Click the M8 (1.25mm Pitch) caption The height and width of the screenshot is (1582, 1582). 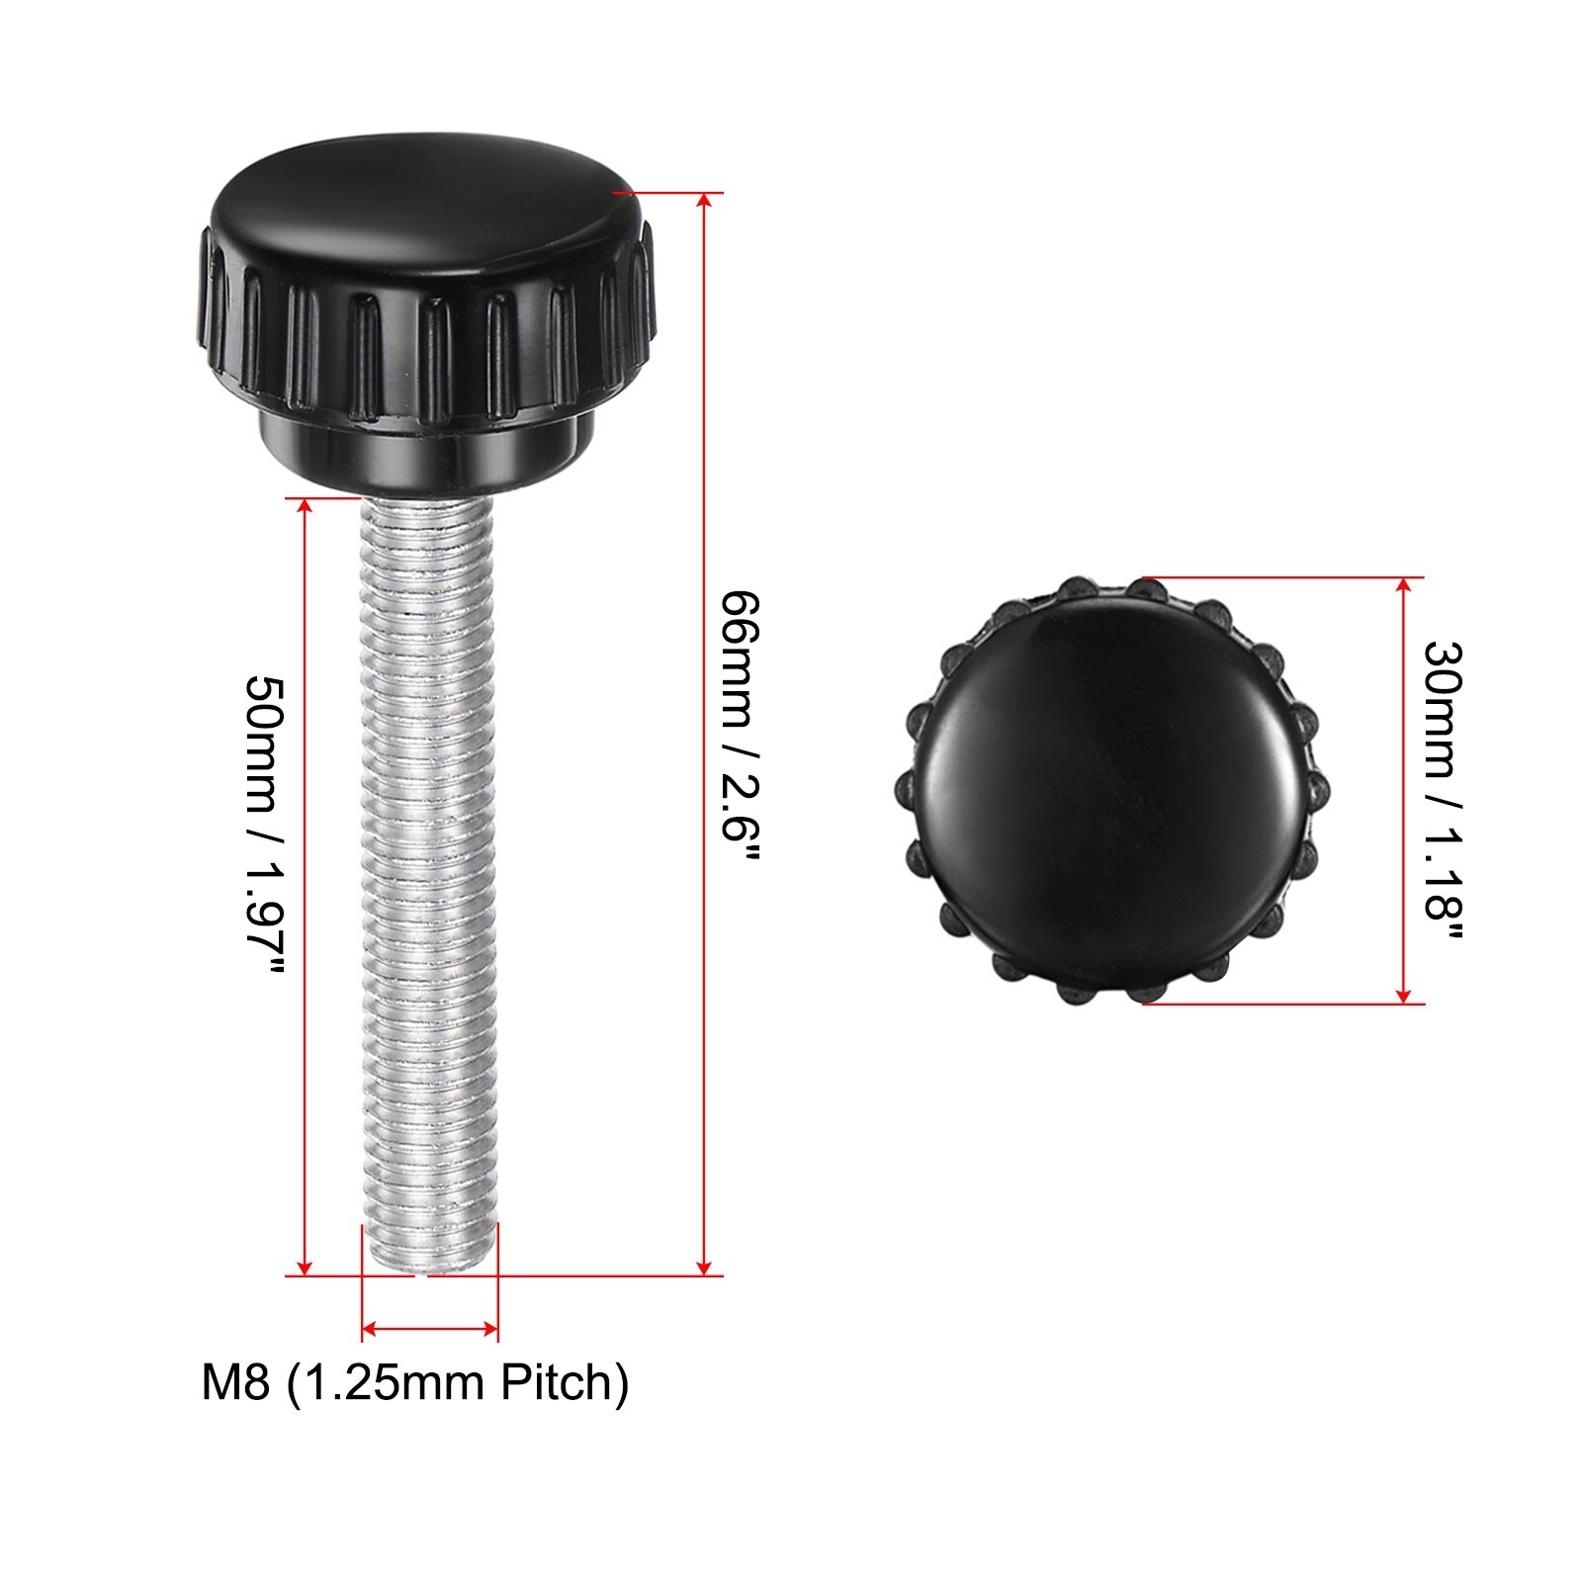click(415, 1382)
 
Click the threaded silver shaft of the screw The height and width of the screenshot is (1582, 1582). click(429, 885)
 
